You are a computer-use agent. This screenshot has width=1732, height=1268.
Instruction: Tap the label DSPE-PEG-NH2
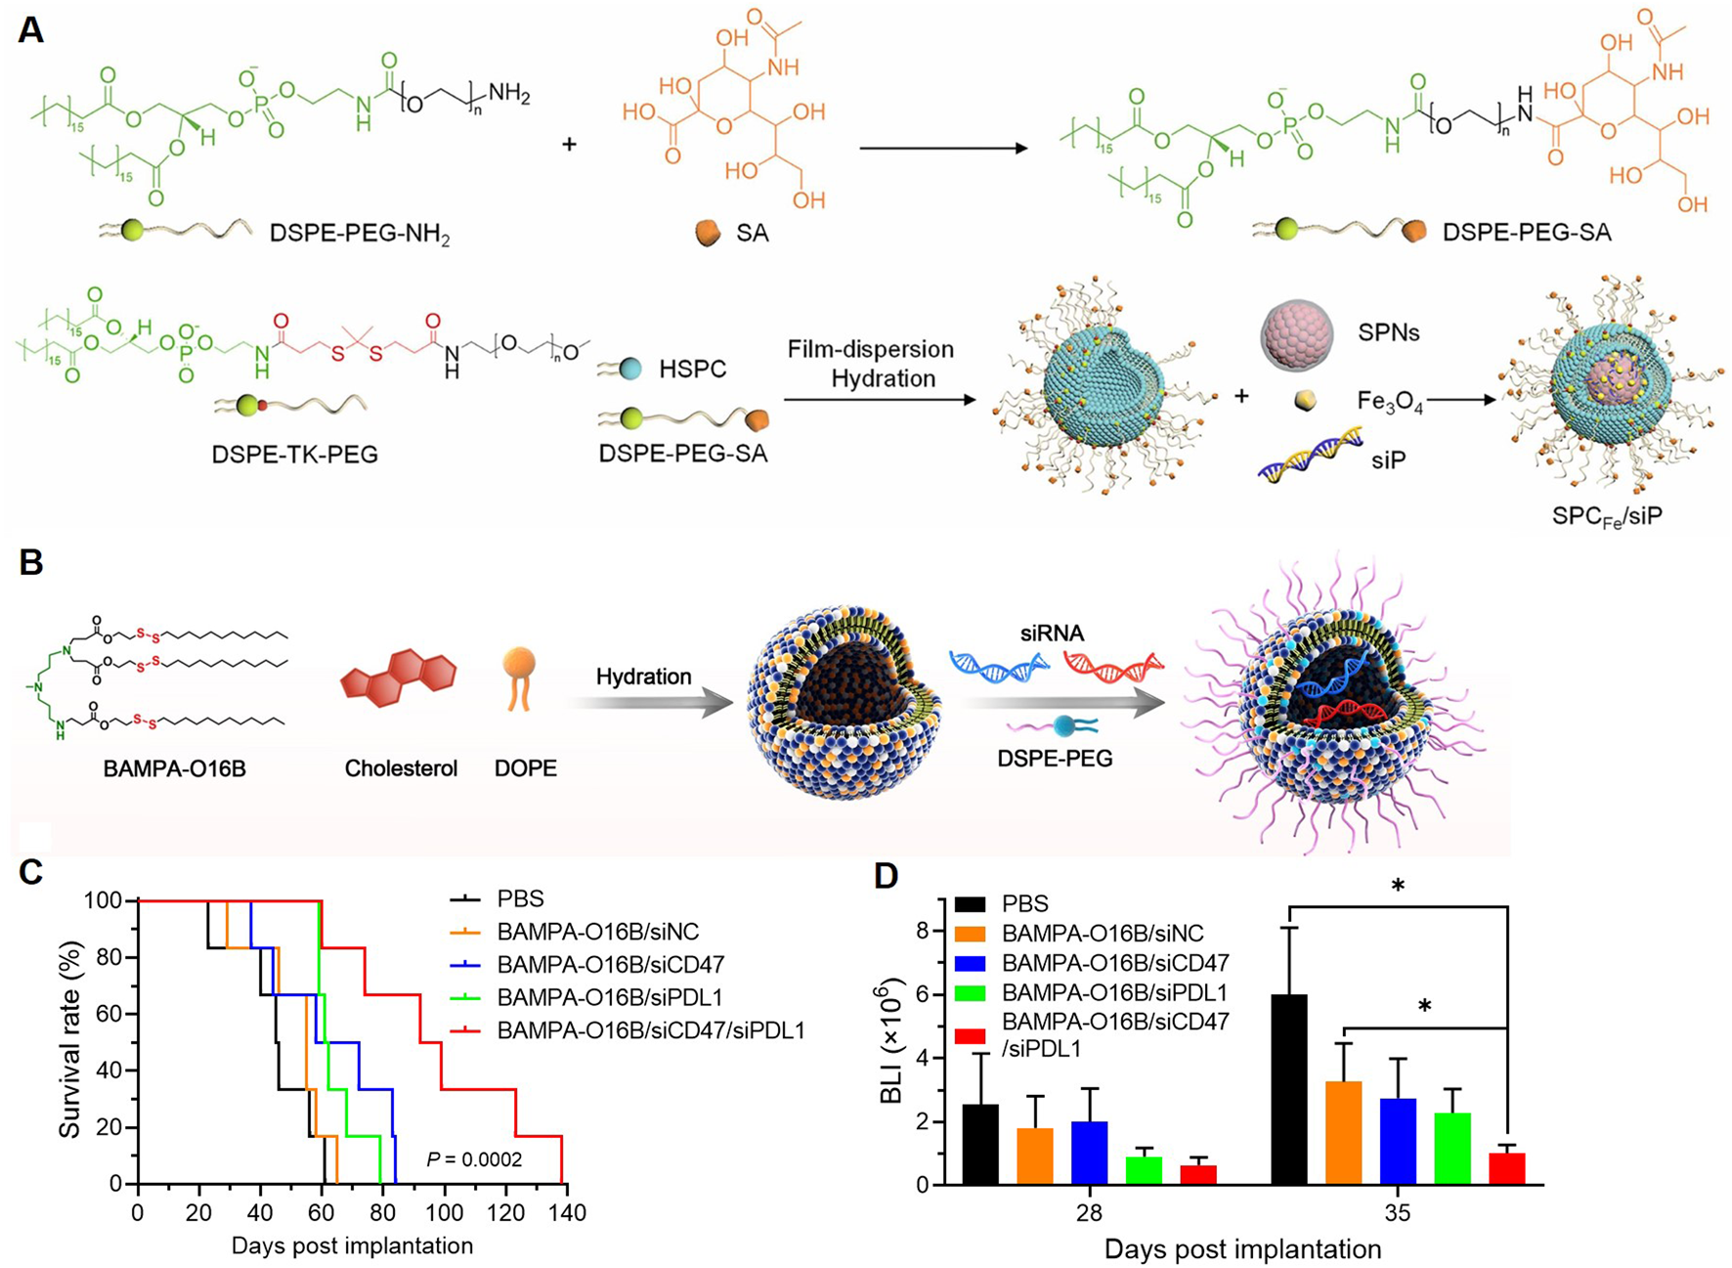[360, 234]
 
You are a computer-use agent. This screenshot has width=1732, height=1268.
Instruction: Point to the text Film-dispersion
[871, 349]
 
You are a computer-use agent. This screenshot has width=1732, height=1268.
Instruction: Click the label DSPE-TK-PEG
[294, 455]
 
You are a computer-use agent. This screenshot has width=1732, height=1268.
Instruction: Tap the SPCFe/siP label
[1606, 515]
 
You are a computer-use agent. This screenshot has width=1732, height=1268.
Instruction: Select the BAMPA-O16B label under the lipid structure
[174, 769]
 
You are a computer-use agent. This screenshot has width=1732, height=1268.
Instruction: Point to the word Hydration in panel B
[643, 677]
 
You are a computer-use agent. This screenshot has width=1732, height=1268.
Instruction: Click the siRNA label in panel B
[1052, 634]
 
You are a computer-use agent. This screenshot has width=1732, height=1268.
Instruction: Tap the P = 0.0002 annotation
[474, 1159]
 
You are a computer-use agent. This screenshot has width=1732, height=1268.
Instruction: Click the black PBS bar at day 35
[1289, 1089]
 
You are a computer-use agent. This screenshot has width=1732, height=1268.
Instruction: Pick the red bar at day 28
[1197, 1174]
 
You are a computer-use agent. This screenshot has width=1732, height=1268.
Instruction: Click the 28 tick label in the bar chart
[1090, 1213]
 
